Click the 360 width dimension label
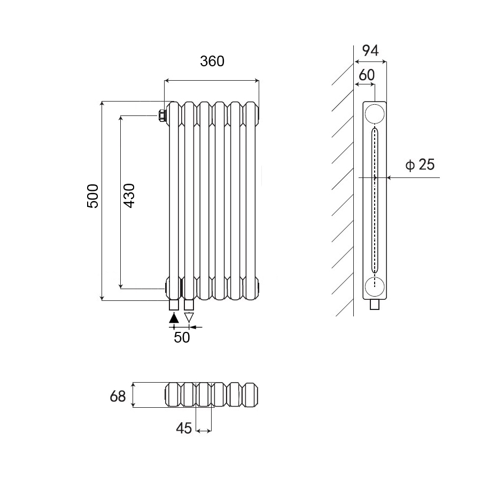tap(212, 61)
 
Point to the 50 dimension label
tap(182, 338)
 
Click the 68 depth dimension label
tap(117, 396)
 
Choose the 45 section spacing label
tap(183, 428)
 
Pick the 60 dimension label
tap(366, 75)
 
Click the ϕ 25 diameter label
tap(420, 165)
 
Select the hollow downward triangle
tap(189, 317)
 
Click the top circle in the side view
tap(374, 114)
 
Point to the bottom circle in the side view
tap(374, 286)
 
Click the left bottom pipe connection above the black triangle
tap(174, 305)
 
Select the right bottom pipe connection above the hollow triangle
tap(189, 305)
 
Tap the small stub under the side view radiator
tap(375, 305)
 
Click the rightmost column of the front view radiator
tap(251, 200)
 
